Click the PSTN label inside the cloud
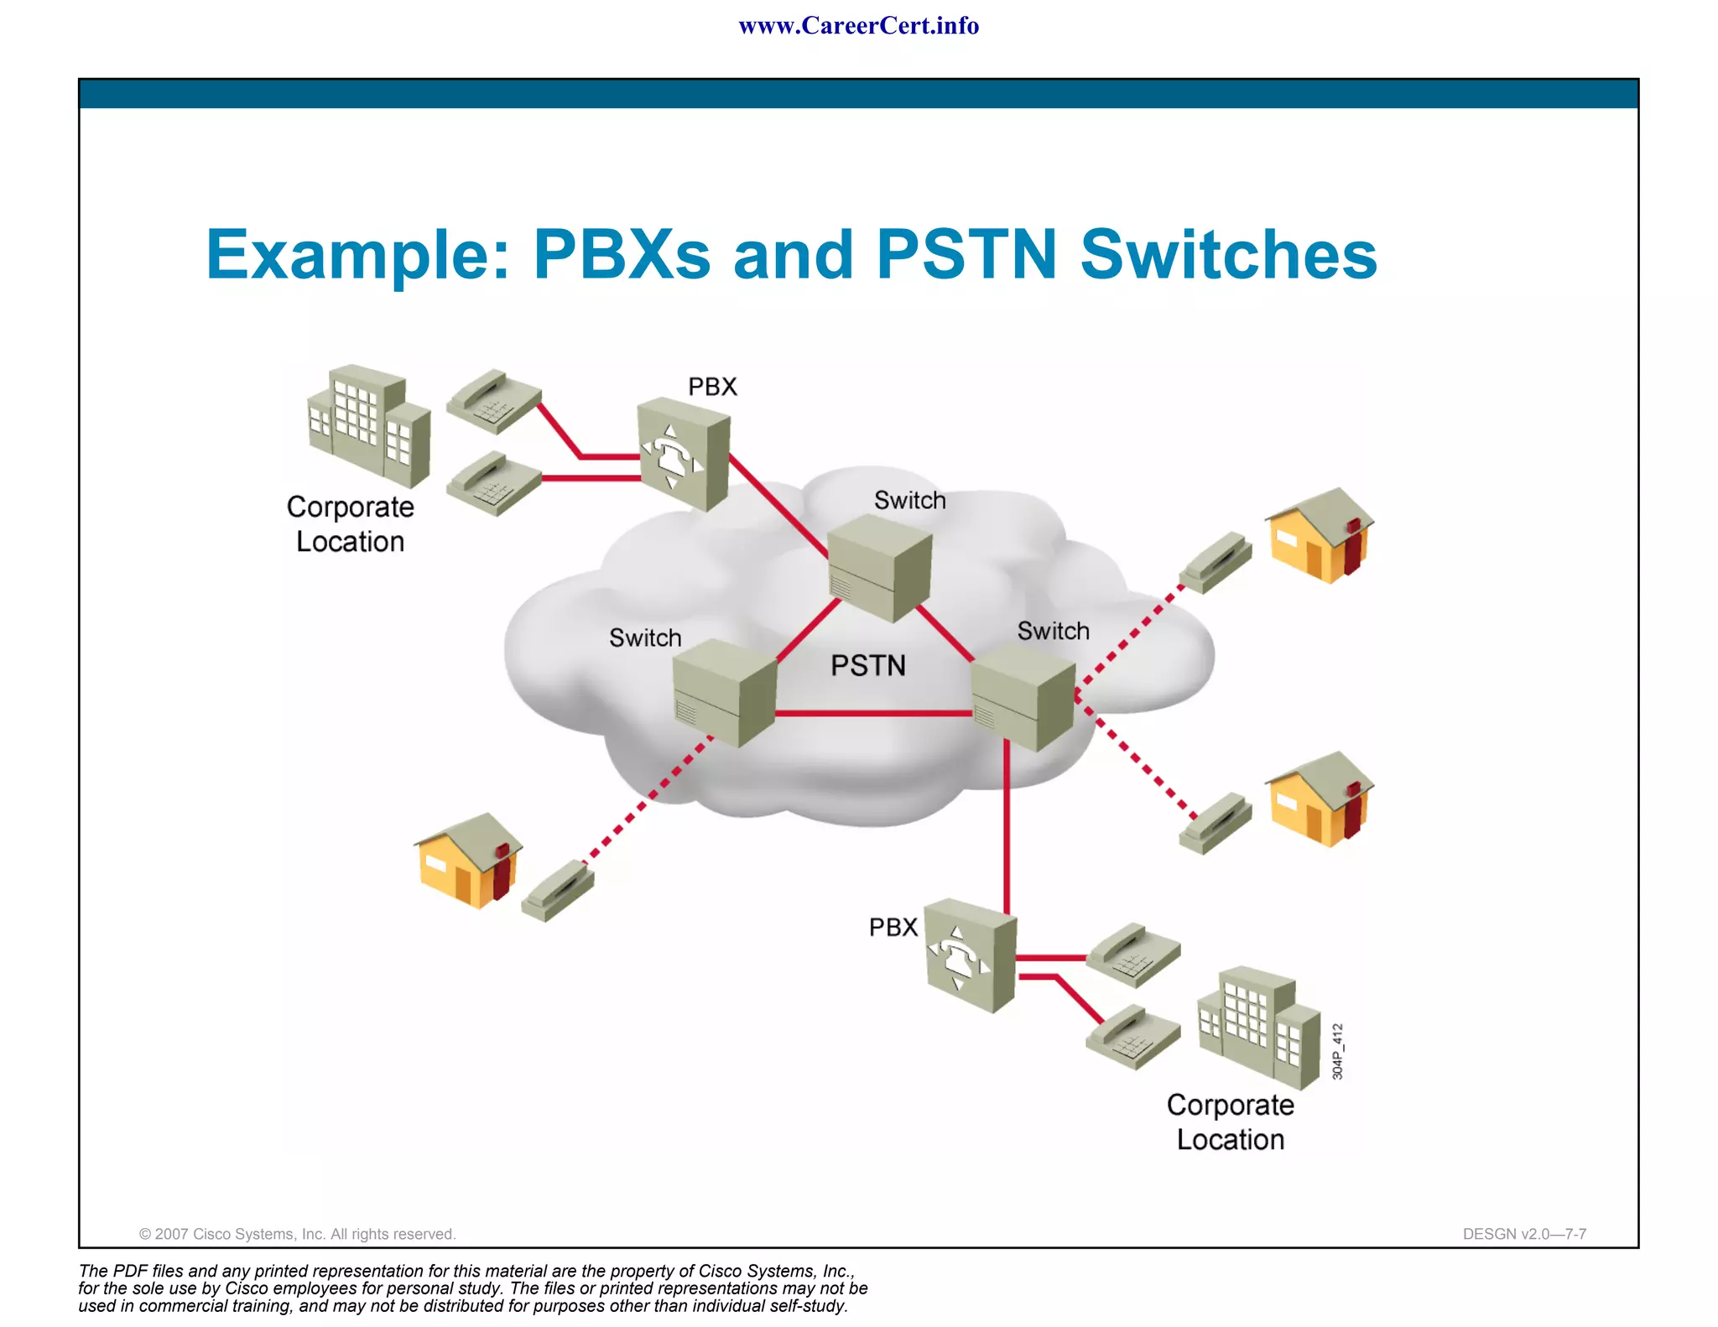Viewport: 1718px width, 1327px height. pos(867,665)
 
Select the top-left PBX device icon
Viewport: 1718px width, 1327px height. pos(683,455)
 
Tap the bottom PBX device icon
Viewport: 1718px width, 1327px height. pos(971,955)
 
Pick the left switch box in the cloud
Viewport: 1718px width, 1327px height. pos(725,692)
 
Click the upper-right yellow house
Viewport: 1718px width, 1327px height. pos(1319,536)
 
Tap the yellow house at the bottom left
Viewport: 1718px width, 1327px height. pos(468,861)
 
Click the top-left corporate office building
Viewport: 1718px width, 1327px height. pos(369,425)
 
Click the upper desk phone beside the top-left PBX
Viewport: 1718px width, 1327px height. pos(493,401)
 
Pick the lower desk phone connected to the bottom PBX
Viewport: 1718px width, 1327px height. pos(1132,1038)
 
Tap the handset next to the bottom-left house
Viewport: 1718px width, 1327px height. pos(558,891)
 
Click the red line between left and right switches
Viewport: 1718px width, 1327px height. pos(872,714)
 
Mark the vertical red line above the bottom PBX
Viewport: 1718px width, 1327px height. pos(1007,830)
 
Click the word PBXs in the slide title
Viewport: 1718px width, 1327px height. pos(622,254)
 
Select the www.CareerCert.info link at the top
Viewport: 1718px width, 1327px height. pos(858,26)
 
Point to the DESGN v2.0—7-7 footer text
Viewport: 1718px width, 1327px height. pos(1524,1234)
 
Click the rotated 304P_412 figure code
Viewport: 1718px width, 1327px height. pos(1338,1051)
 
